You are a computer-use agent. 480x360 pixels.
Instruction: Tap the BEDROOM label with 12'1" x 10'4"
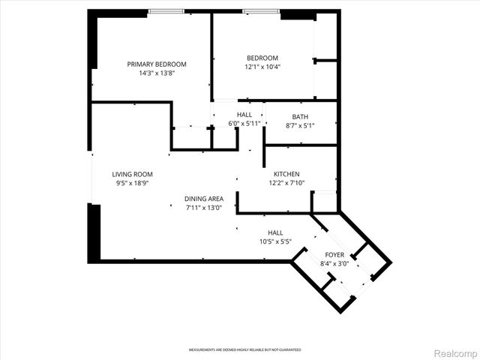[262, 58]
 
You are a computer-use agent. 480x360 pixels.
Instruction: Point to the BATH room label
[300, 117]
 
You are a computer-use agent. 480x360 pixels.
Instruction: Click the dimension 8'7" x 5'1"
[300, 126]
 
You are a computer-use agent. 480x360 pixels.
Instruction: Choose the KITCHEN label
[286, 173]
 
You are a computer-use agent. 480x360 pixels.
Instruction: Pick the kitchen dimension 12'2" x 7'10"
[286, 182]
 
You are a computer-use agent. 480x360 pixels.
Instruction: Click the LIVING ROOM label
[133, 174]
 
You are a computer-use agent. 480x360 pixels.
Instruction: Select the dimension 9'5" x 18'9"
[133, 183]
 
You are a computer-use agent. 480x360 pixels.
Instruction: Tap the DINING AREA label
[205, 199]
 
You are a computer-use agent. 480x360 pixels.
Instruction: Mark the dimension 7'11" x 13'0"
[205, 208]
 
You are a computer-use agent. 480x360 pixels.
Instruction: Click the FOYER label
[334, 255]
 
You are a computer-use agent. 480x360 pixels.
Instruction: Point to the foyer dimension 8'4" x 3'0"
[334, 264]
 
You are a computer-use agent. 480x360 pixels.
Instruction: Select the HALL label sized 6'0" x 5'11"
[244, 115]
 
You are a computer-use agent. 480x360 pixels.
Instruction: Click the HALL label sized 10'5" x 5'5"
[275, 232]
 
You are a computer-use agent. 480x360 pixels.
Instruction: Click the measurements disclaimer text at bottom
[244, 350]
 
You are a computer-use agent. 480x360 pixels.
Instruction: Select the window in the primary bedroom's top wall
[166, 11]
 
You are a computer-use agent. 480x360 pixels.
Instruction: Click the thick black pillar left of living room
[93, 233]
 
